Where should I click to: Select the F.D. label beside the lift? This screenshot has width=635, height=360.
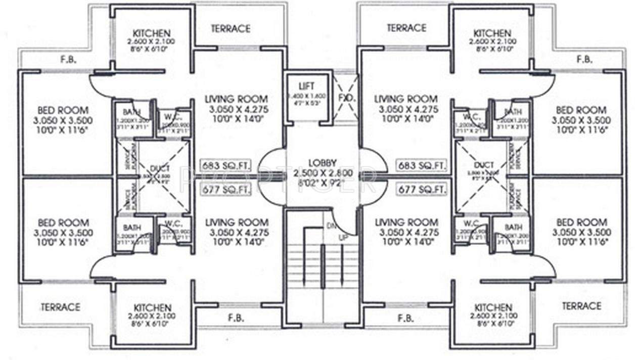coord(345,98)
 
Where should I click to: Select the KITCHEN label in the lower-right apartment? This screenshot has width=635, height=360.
coord(493,307)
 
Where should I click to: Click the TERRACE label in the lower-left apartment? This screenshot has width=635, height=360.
coord(60,307)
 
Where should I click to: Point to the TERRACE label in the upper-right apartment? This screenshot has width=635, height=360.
coord(406,28)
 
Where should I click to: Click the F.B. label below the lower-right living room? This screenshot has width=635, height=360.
coord(406,319)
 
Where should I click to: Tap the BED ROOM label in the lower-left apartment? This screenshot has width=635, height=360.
coord(63,222)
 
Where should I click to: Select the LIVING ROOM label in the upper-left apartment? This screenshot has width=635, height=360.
coord(236,99)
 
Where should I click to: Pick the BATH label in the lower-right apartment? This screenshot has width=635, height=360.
coord(513,228)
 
